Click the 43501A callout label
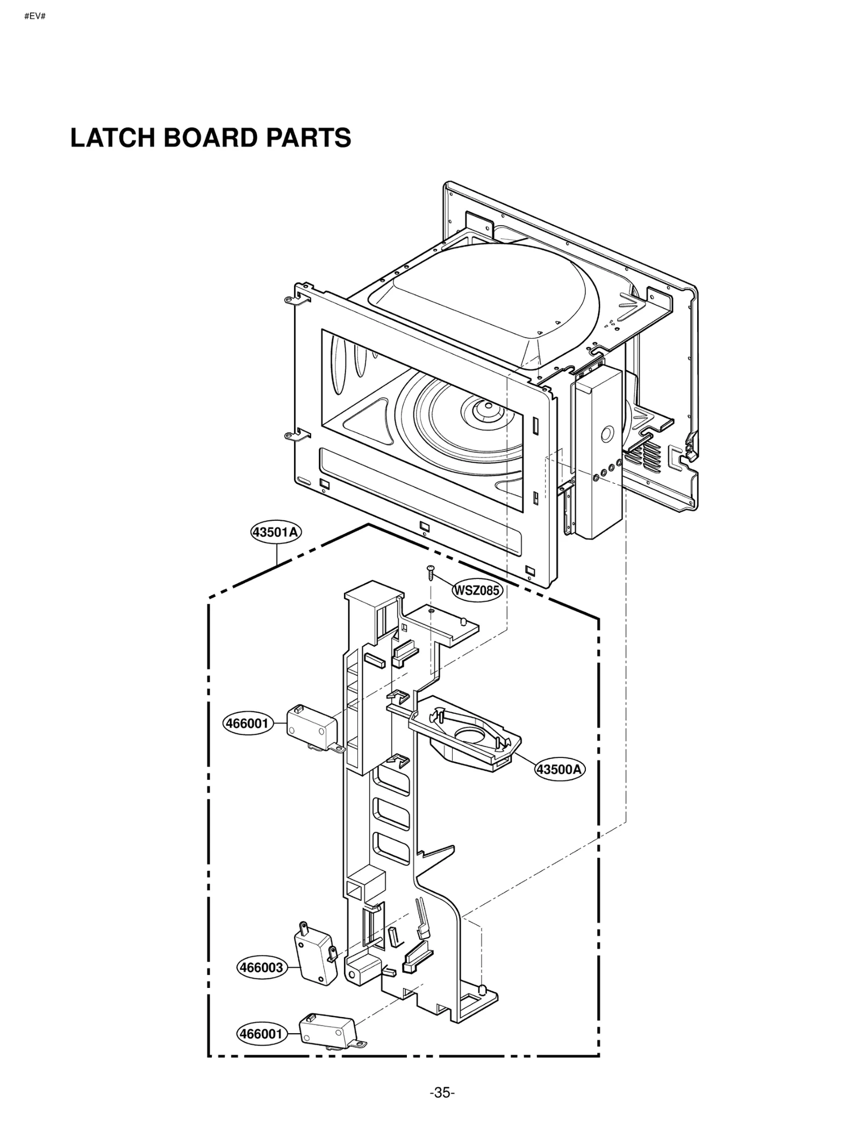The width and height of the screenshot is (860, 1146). [276, 532]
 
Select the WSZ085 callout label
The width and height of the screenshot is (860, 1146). [477, 590]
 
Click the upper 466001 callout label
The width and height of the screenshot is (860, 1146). [247, 724]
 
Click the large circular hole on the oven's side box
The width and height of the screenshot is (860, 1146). [607, 433]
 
